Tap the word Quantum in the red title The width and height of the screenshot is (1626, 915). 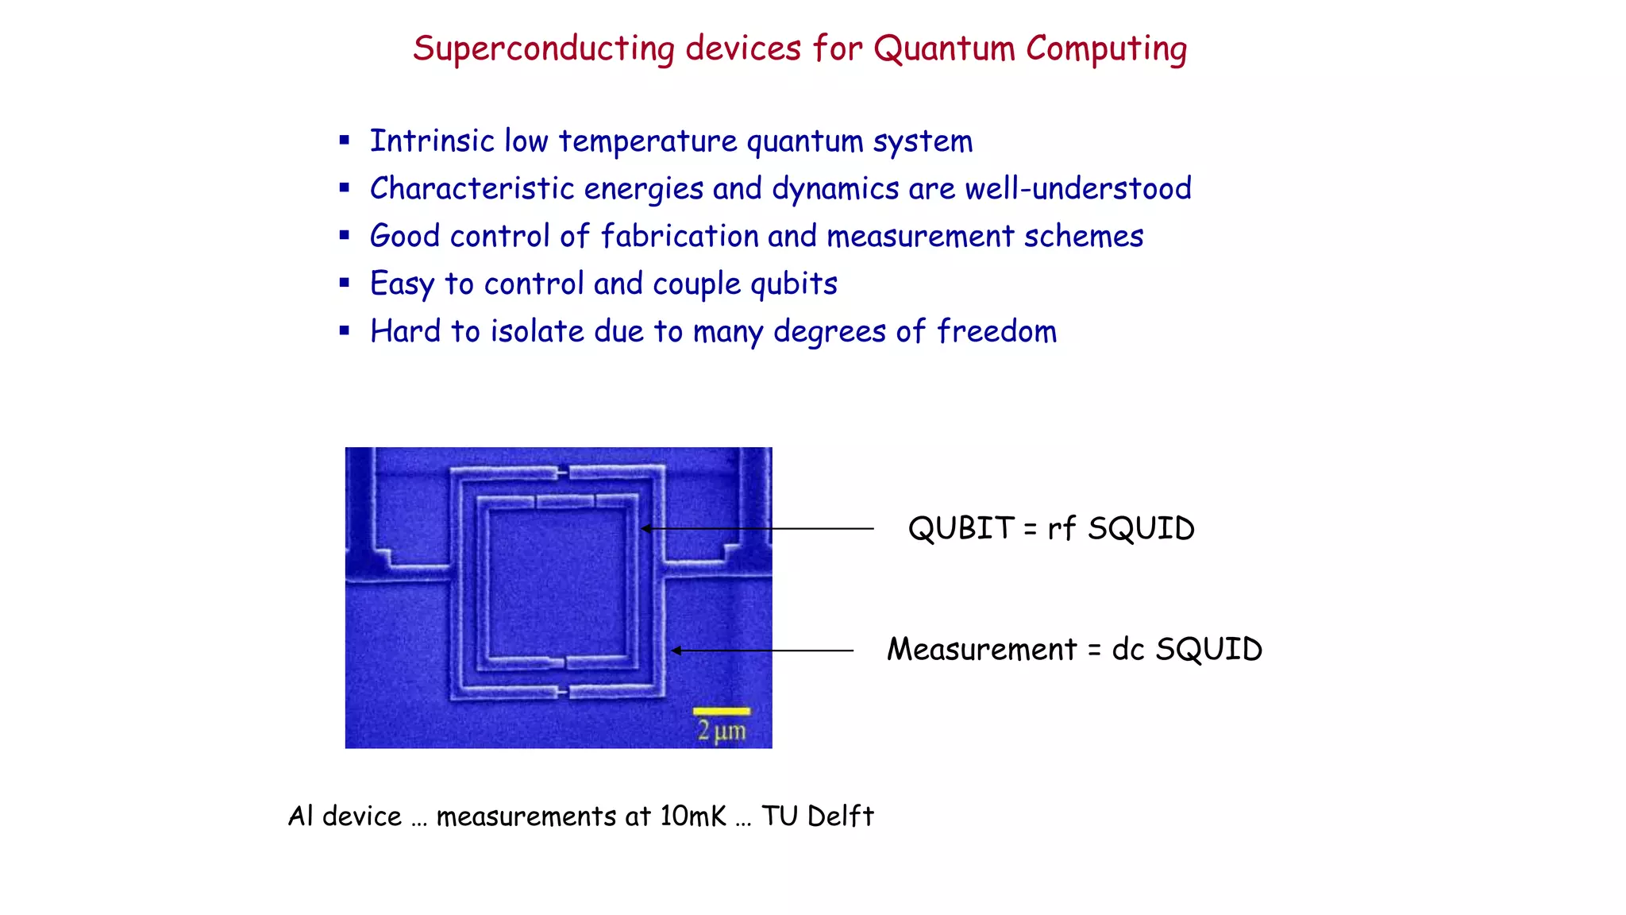pyautogui.click(x=944, y=49)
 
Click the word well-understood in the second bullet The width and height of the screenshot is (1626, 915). pyautogui.click(x=1077, y=189)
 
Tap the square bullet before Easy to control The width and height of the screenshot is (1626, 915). pyautogui.click(x=344, y=283)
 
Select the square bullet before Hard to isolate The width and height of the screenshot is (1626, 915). pyautogui.click(x=344, y=330)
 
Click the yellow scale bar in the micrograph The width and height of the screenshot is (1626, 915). pyautogui.click(x=721, y=711)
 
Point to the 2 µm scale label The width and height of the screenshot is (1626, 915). pyautogui.click(x=721, y=731)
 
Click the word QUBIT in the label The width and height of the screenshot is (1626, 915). pyautogui.click(x=961, y=529)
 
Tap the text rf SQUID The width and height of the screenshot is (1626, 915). pyautogui.click(x=1120, y=529)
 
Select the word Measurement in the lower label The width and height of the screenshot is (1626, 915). pyautogui.click(x=981, y=650)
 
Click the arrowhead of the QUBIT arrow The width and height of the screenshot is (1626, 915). pyautogui.click(x=646, y=528)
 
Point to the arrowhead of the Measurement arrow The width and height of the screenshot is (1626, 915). pyautogui.click(x=676, y=651)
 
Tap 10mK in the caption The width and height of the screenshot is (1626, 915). pyautogui.click(x=692, y=817)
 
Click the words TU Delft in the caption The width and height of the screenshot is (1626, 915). pyautogui.click(x=817, y=817)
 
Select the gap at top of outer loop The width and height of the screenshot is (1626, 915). pyautogui.click(x=563, y=473)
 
